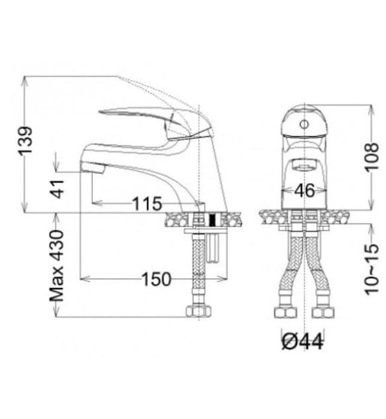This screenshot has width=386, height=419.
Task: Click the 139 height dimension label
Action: (25, 141)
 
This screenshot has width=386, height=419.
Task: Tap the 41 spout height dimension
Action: (58, 189)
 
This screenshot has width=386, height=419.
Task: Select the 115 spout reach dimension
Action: (147, 204)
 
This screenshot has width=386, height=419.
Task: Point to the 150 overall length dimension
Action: (156, 280)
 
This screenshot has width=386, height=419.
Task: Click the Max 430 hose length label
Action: (57, 266)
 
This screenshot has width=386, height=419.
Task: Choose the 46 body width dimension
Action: (305, 190)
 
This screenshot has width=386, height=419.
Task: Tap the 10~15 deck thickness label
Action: (372, 269)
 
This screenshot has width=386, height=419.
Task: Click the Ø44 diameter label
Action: (302, 342)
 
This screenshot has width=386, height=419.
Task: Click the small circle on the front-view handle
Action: (304, 125)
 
